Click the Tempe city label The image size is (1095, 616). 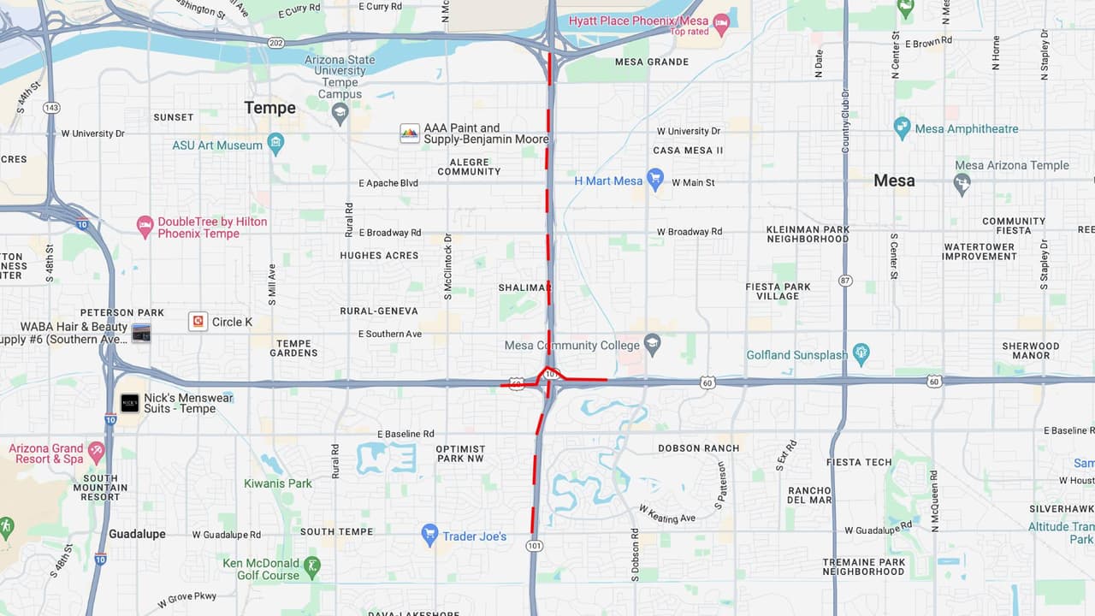269,108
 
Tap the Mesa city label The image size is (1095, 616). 894,181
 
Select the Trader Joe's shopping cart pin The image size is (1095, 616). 430,536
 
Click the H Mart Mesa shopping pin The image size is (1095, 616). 655,180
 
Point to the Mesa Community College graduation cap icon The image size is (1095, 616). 653,344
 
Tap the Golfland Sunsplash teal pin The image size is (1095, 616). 861,353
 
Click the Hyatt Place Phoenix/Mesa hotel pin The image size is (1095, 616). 721,23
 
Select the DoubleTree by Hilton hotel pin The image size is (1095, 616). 145,226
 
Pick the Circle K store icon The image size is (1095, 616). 198,322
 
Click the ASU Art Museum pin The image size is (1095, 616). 275,144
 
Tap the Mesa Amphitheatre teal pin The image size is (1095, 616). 902,128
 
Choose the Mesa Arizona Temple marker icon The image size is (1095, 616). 962,182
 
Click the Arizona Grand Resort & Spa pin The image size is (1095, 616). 96,450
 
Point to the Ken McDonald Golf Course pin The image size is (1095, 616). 314,566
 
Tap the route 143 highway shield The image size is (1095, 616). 51,108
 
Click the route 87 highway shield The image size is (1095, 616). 845,280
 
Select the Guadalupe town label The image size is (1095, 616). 137,534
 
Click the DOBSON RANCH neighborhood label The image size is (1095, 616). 698,448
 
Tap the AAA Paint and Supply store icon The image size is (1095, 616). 410,133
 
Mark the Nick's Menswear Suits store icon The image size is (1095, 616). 129,403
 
